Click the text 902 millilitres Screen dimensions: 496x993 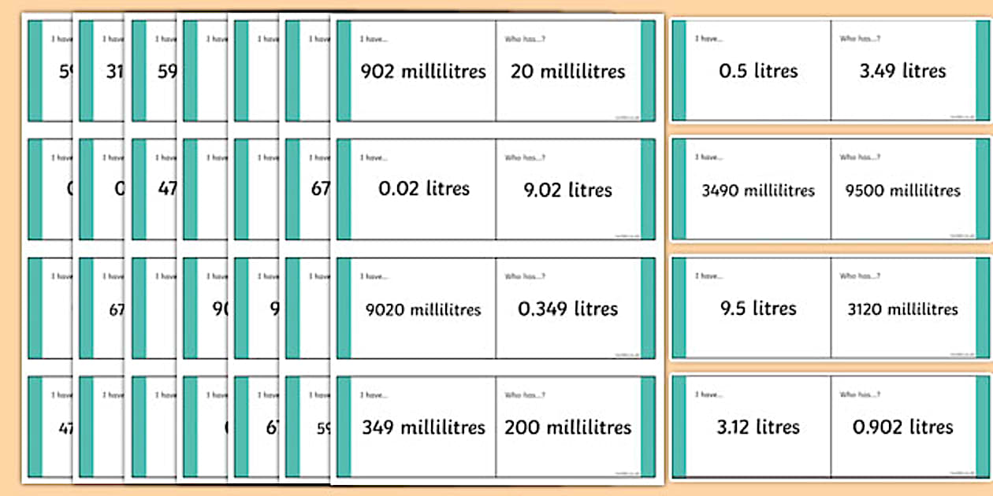tap(423, 72)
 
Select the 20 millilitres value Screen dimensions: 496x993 tap(567, 72)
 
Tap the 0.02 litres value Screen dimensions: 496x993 tap(423, 189)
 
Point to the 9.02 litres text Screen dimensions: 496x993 tap(567, 190)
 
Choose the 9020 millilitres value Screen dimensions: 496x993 tap(423, 309)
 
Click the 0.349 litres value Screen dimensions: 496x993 tap(567, 309)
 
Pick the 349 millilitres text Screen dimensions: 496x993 tap(423, 428)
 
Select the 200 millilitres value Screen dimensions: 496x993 tap(567, 428)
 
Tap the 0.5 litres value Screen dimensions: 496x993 tap(758, 71)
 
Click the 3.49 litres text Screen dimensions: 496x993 tap(902, 71)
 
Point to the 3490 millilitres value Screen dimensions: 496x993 tap(758, 191)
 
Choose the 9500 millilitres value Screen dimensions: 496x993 tap(902, 191)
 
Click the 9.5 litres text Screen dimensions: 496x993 tap(758, 309)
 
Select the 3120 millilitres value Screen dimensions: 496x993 tap(902, 309)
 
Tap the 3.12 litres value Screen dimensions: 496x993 tap(758, 427)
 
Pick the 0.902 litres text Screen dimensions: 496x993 tap(902, 427)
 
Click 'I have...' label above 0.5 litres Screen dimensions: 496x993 tap(708, 39)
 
